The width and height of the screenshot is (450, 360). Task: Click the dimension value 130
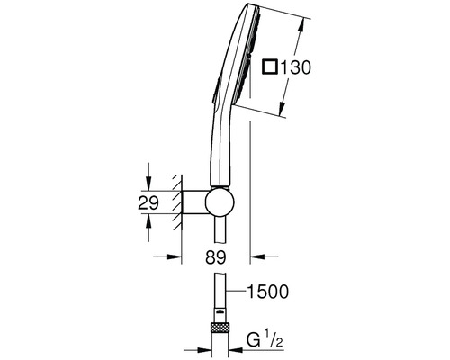coord(295,67)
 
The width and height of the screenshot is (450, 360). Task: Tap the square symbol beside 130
coord(269,67)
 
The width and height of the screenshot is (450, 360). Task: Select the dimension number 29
coord(148,203)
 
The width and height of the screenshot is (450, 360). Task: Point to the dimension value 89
coord(216,257)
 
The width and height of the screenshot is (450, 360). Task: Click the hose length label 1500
coord(267,292)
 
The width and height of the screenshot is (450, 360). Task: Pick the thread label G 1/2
coord(265,340)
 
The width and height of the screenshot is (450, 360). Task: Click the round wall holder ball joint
coord(220,202)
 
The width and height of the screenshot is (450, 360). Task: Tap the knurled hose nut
coord(220,328)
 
